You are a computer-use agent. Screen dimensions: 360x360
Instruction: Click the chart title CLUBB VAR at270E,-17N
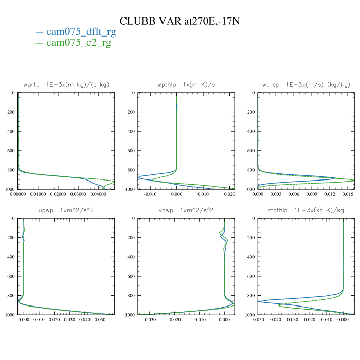coord(179,21)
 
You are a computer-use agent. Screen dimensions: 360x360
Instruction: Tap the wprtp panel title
coord(66,84)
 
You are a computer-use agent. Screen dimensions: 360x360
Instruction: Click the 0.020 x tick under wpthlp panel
coord(229,195)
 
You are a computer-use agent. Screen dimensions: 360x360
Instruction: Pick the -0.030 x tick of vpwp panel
coord(150,320)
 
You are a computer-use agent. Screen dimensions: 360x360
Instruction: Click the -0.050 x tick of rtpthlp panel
coord(258,320)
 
